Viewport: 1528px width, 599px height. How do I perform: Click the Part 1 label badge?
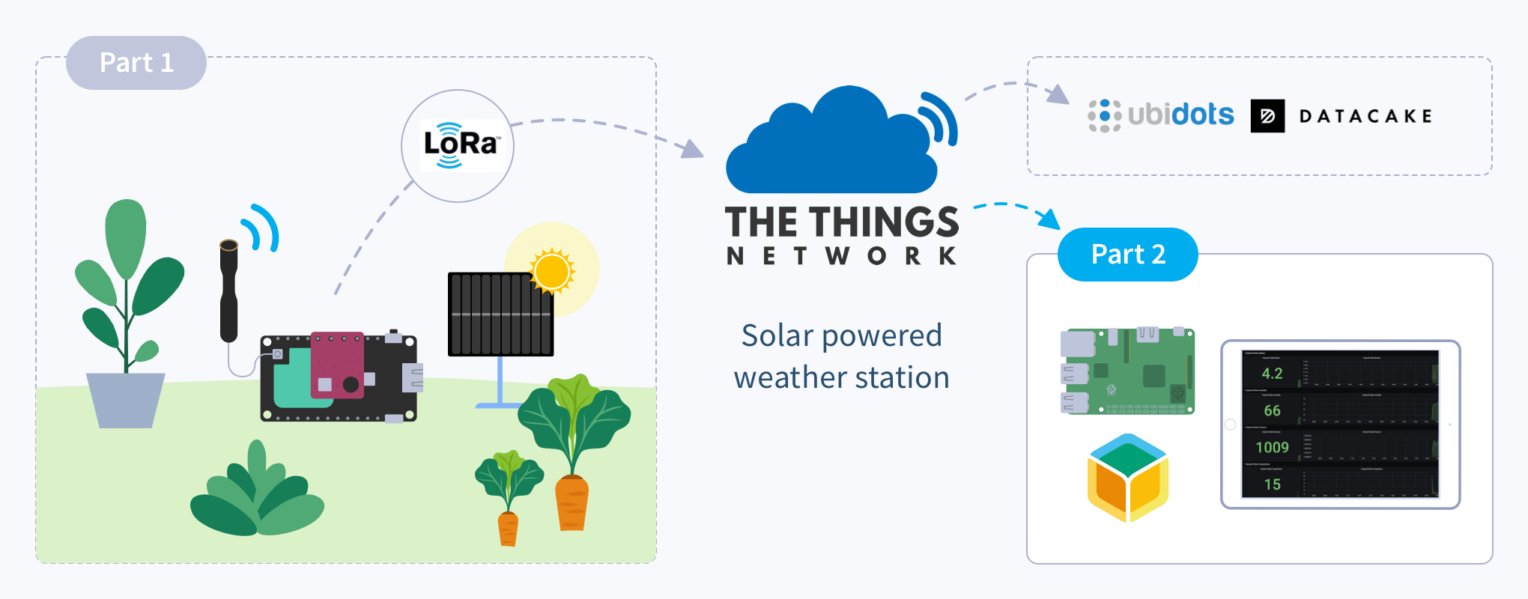point(136,63)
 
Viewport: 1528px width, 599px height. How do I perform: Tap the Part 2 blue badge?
point(1127,255)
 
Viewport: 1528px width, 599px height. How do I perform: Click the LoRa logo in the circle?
point(458,145)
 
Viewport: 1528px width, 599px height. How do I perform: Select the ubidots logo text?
point(1180,115)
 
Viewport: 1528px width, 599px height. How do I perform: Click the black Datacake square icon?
point(1267,116)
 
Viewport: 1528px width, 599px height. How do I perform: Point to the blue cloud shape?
point(831,150)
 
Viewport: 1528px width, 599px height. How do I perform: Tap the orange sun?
point(552,270)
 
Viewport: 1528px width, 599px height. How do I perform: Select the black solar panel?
point(500,314)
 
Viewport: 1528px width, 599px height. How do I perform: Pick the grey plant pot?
point(125,400)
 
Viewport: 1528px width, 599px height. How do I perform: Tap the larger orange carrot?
point(572,502)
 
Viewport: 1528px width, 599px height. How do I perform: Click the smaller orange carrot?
point(508,528)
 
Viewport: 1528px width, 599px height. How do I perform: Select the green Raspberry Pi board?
point(1127,371)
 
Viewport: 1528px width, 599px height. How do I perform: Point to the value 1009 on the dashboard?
point(1272,448)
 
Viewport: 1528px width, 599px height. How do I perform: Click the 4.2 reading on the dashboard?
point(1272,374)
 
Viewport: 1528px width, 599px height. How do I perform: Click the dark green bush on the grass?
point(256,494)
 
